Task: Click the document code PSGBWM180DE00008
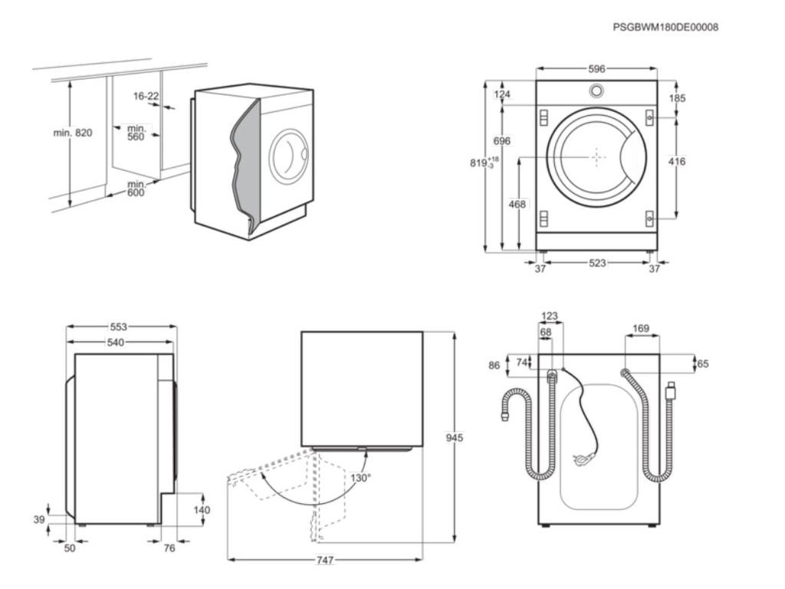click(x=665, y=27)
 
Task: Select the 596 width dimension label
click(x=596, y=69)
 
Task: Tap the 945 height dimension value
click(x=455, y=438)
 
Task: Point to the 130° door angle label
click(x=360, y=478)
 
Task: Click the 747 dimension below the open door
click(x=324, y=561)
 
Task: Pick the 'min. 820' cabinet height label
click(x=72, y=133)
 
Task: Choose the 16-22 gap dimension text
click(x=146, y=96)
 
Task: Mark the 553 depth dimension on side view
click(x=117, y=327)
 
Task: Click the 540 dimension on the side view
click(x=115, y=342)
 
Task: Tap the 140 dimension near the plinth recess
click(x=202, y=510)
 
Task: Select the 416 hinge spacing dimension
click(x=677, y=162)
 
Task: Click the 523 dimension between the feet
click(x=597, y=263)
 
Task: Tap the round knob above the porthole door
click(x=596, y=90)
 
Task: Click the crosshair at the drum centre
click(x=597, y=156)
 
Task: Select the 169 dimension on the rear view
click(x=641, y=329)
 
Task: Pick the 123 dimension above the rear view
click(x=550, y=316)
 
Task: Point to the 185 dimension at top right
click(x=677, y=98)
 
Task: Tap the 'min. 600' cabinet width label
click(x=136, y=189)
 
